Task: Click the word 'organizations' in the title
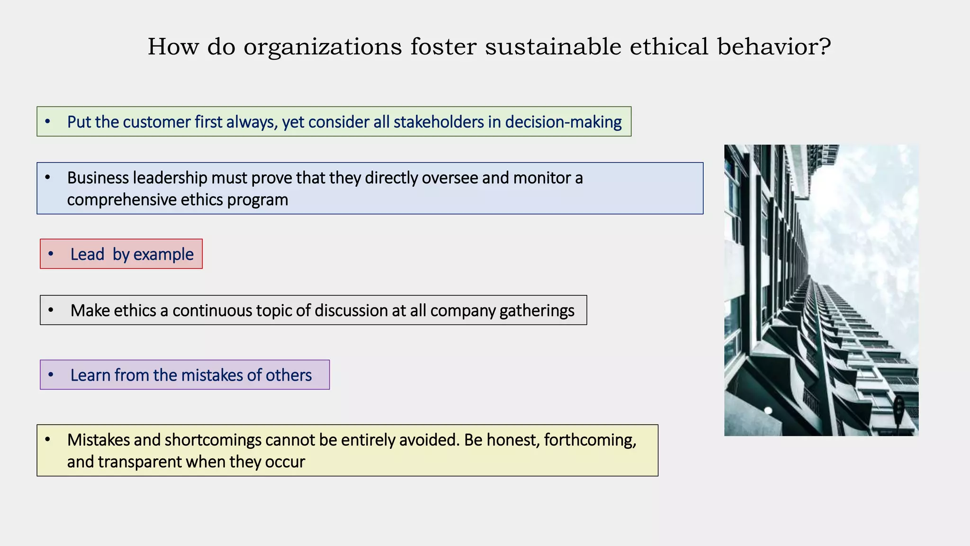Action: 323,47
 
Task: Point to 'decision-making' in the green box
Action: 563,122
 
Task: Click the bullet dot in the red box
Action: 51,254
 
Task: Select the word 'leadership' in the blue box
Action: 170,178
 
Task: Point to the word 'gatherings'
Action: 537,311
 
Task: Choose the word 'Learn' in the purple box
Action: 90,375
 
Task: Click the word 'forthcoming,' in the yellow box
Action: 590,440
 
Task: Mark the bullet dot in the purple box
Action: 51,375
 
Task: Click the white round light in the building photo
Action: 768,410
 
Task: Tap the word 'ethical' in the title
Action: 669,46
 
